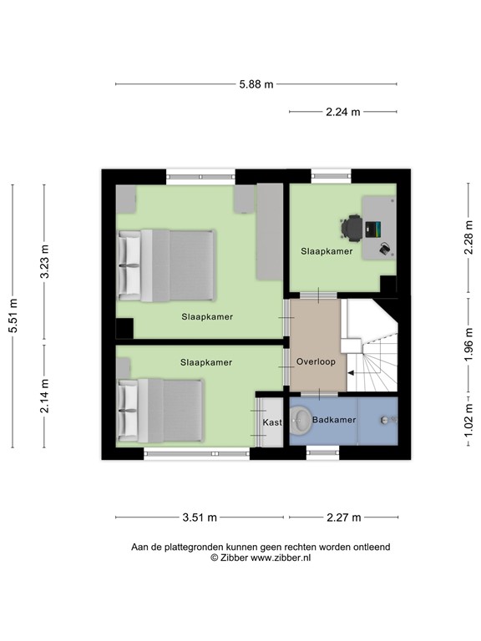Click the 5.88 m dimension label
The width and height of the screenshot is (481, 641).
tap(256, 84)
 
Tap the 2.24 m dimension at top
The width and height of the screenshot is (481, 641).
tap(343, 112)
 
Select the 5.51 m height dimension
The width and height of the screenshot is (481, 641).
tap(13, 316)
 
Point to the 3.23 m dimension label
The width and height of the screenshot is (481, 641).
tap(45, 263)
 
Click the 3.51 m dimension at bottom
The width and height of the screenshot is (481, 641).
tap(200, 517)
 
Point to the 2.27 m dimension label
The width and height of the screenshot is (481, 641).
tap(344, 517)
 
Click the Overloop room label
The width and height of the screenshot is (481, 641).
tap(316, 362)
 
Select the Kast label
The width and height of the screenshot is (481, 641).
tap(272, 423)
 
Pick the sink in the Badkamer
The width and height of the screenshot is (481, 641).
tap(385, 419)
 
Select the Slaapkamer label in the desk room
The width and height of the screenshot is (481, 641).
tap(327, 250)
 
